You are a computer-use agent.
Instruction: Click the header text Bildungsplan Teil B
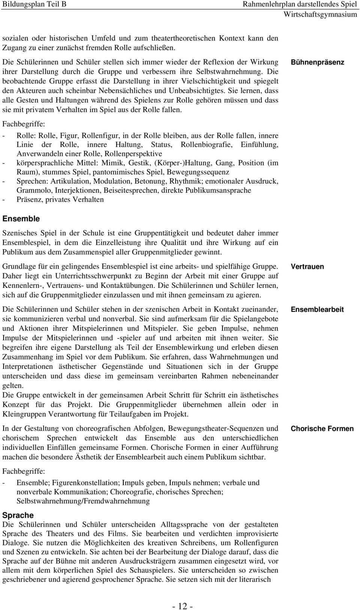point(34,4)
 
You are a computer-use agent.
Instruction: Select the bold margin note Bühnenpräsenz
point(317,62)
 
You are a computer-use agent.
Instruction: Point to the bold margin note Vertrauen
point(307,267)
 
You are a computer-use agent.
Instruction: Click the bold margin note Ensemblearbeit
point(317,310)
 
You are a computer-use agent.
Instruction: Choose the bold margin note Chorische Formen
point(322,429)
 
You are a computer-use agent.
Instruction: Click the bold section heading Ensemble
point(21,219)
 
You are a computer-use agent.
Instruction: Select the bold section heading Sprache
point(18,515)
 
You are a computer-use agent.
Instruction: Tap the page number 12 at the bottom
point(183,596)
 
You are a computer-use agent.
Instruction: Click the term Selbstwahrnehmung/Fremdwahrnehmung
point(83,501)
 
